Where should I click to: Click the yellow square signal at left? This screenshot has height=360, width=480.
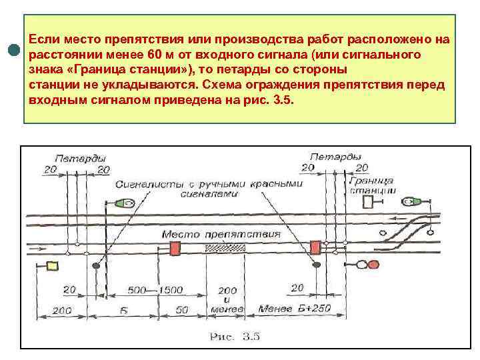pyautogui.click(x=51, y=267)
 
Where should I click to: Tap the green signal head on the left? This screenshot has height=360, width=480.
pyautogui.click(x=123, y=202)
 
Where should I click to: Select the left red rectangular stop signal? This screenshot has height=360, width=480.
pyautogui.click(x=176, y=249)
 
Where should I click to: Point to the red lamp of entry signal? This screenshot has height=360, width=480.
pyautogui.click(x=365, y=265)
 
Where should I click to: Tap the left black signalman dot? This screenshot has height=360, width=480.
pyautogui.click(x=96, y=265)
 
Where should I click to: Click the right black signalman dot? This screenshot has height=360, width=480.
pyautogui.click(x=314, y=265)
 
